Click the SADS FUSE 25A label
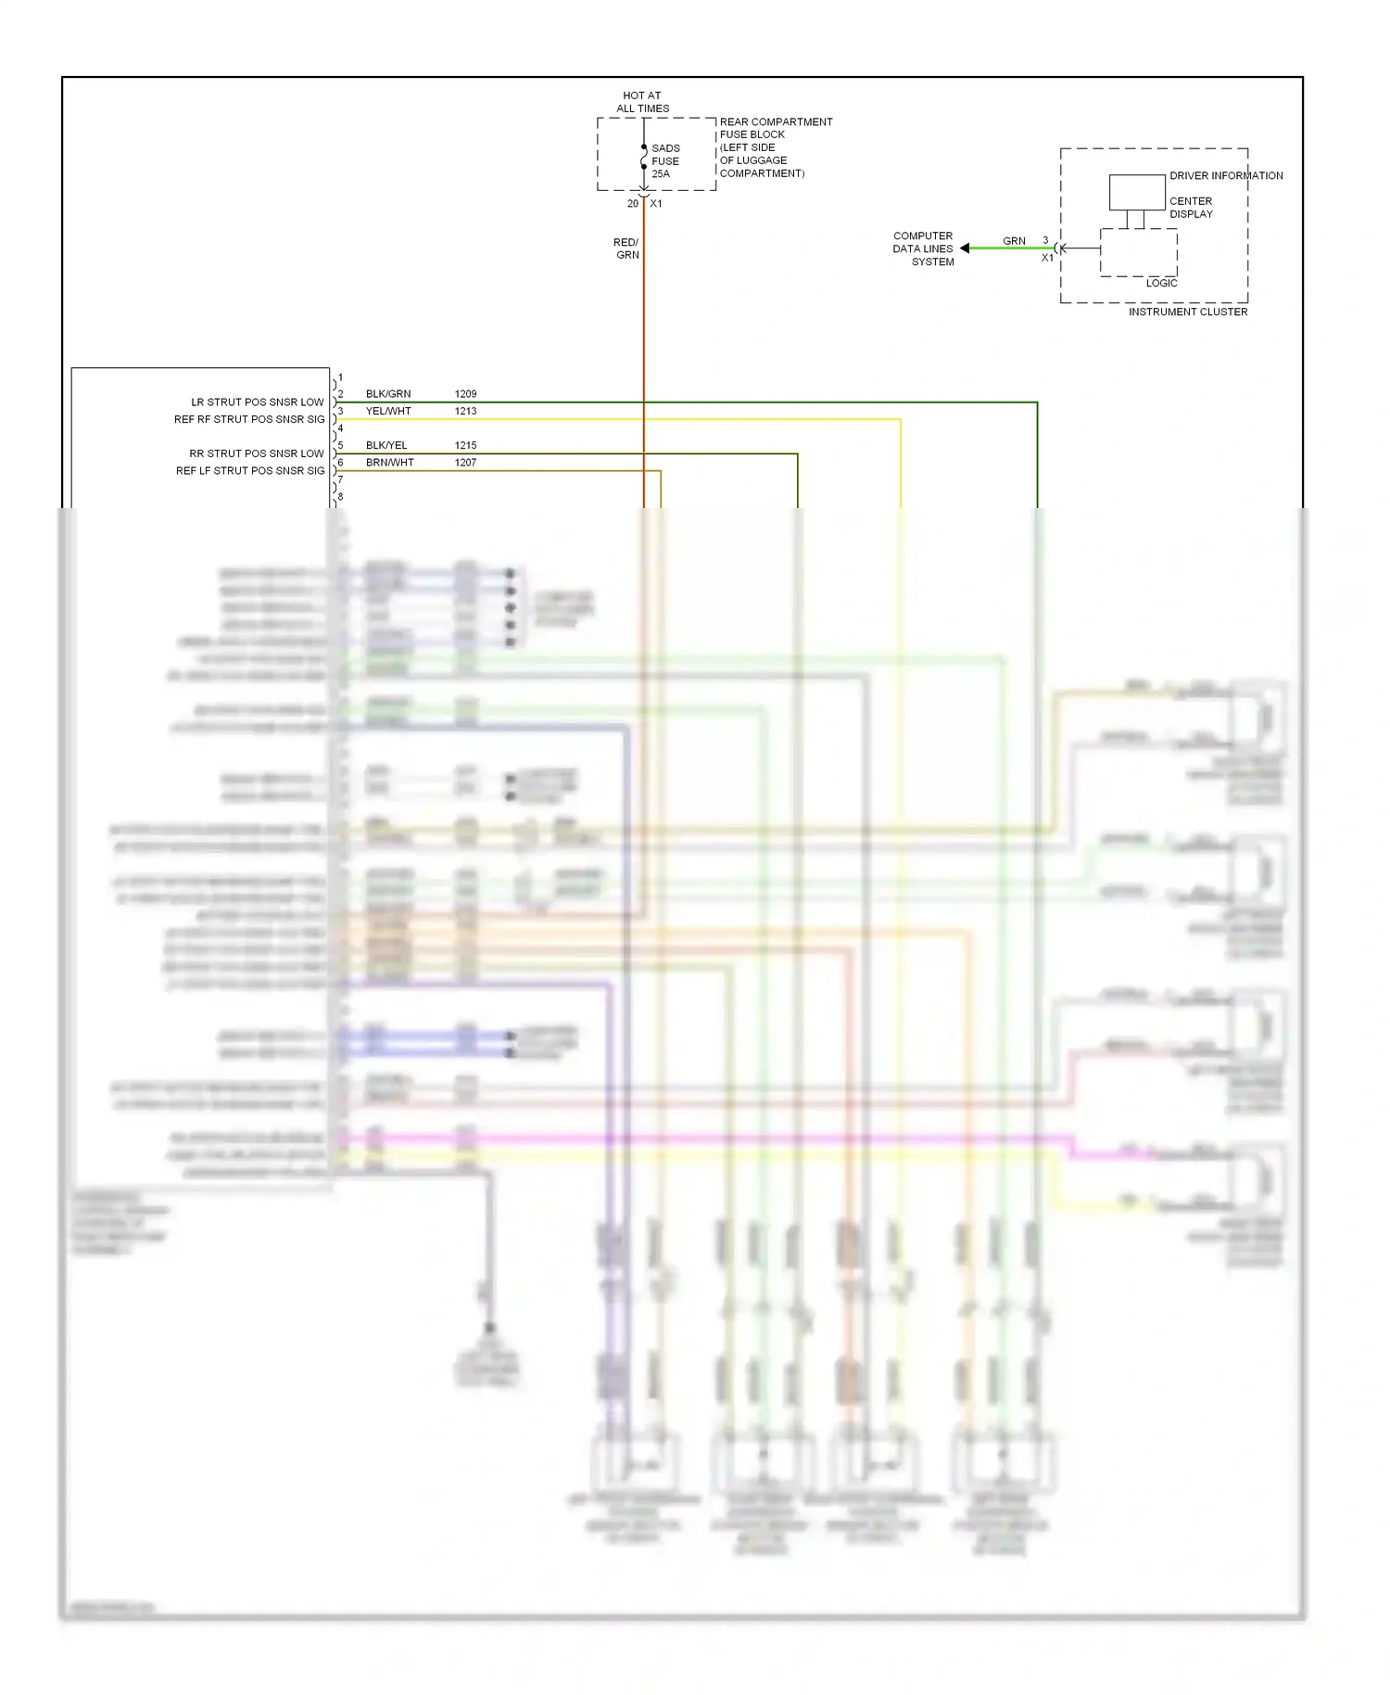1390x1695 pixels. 665,160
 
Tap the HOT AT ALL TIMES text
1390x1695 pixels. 642,102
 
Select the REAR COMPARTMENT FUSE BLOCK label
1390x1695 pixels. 776,128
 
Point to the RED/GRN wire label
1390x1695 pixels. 626,249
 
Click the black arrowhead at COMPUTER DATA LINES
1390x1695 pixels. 965,249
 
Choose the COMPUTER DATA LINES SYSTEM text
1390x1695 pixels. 923,249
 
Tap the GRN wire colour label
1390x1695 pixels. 1014,241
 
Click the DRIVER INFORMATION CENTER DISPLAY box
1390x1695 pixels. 1137,193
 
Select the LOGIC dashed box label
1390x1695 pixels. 1161,283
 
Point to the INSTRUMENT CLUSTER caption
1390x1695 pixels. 1187,312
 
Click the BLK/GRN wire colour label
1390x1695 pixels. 388,394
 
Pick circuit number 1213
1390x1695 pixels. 465,411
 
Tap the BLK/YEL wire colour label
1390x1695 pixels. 386,445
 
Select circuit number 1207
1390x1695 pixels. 465,463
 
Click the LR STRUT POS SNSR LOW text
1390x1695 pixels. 258,402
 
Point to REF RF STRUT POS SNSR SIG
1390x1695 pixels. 249,419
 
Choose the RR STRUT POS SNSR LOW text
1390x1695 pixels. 257,453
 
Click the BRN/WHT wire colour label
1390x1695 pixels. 389,463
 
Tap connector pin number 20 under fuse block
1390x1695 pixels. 633,203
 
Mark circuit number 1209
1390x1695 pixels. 465,394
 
